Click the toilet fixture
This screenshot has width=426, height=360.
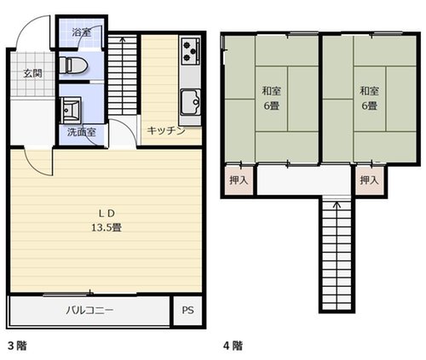[x=73, y=66]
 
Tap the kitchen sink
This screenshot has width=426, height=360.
[x=191, y=102]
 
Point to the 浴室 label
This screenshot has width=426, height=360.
[x=82, y=32]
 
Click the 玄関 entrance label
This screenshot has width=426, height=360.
[x=32, y=74]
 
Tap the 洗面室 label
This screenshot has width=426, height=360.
[x=82, y=132]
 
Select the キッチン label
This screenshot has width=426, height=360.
[x=166, y=131]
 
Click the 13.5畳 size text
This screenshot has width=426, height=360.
[x=106, y=227]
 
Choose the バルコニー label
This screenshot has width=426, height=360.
[x=89, y=310]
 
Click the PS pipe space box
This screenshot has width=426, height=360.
[x=187, y=311]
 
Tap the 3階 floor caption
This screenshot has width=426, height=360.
[x=17, y=346]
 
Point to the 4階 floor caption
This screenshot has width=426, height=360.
[x=233, y=346]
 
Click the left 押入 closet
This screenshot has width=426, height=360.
[x=239, y=180]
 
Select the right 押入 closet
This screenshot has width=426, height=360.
[x=370, y=180]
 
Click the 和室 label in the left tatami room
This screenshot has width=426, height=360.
[x=271, y=91]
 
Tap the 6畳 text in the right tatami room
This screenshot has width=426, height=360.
[x=369, y=106]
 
